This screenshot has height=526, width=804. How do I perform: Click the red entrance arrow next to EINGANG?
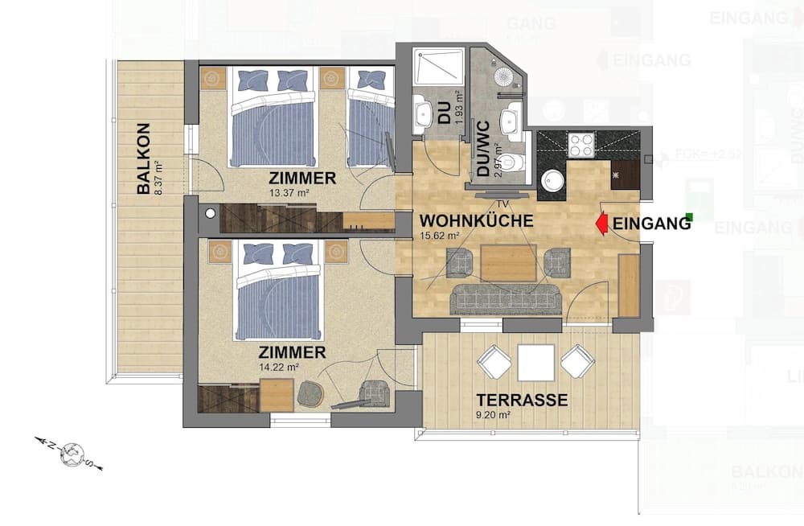[x=600, y=223]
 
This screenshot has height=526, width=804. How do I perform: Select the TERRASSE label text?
[x=522, y=400]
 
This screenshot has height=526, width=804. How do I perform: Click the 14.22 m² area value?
[x=281, y=367]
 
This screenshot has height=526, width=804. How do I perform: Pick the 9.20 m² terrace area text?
[x=494, y=415]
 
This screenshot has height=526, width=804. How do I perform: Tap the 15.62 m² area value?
[x=440, y=236]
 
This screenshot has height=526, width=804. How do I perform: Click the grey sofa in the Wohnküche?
[x=506, y=299]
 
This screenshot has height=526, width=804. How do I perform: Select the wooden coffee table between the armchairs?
[x=508, y=262]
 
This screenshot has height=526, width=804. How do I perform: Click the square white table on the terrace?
[x=535, y=362]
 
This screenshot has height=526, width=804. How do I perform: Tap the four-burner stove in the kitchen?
[x=580, y=145]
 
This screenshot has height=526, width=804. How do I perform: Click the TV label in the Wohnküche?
[x=503, y=203]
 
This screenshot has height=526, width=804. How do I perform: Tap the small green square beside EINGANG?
[x=689, y=216]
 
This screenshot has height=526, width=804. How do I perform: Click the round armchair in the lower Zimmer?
[x=310, y=393]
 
